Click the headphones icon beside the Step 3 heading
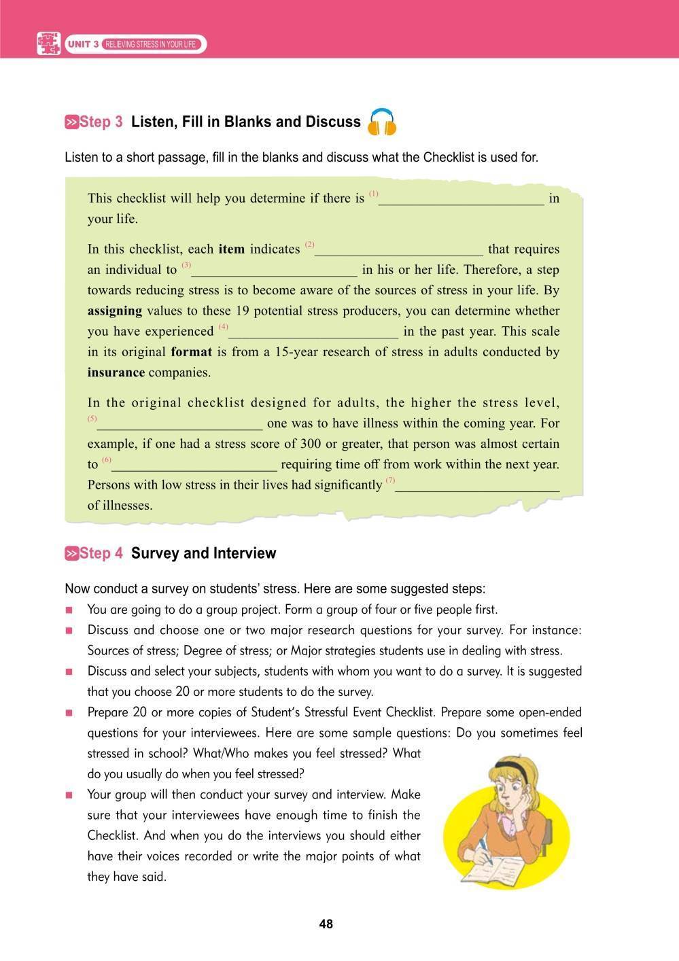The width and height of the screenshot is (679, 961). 381,122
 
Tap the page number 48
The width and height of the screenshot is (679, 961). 326,924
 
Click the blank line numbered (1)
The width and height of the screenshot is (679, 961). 462,200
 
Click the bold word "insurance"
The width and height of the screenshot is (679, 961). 116,372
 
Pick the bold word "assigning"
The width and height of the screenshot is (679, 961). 115,311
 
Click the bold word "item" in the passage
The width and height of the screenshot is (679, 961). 231,249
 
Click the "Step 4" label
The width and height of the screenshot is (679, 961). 101,553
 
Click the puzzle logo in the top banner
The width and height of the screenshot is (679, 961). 48,43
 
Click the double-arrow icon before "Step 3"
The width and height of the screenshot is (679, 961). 71,122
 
